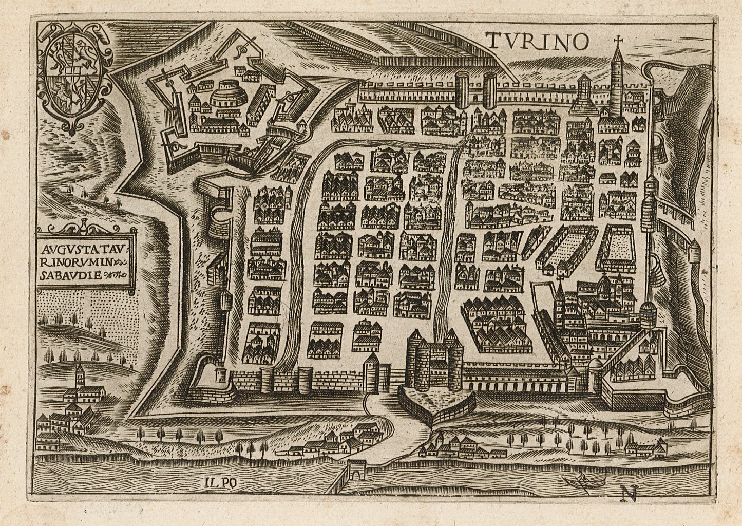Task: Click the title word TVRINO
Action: click(x=537, y=42)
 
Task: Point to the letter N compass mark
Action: click(x=628, y=494)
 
